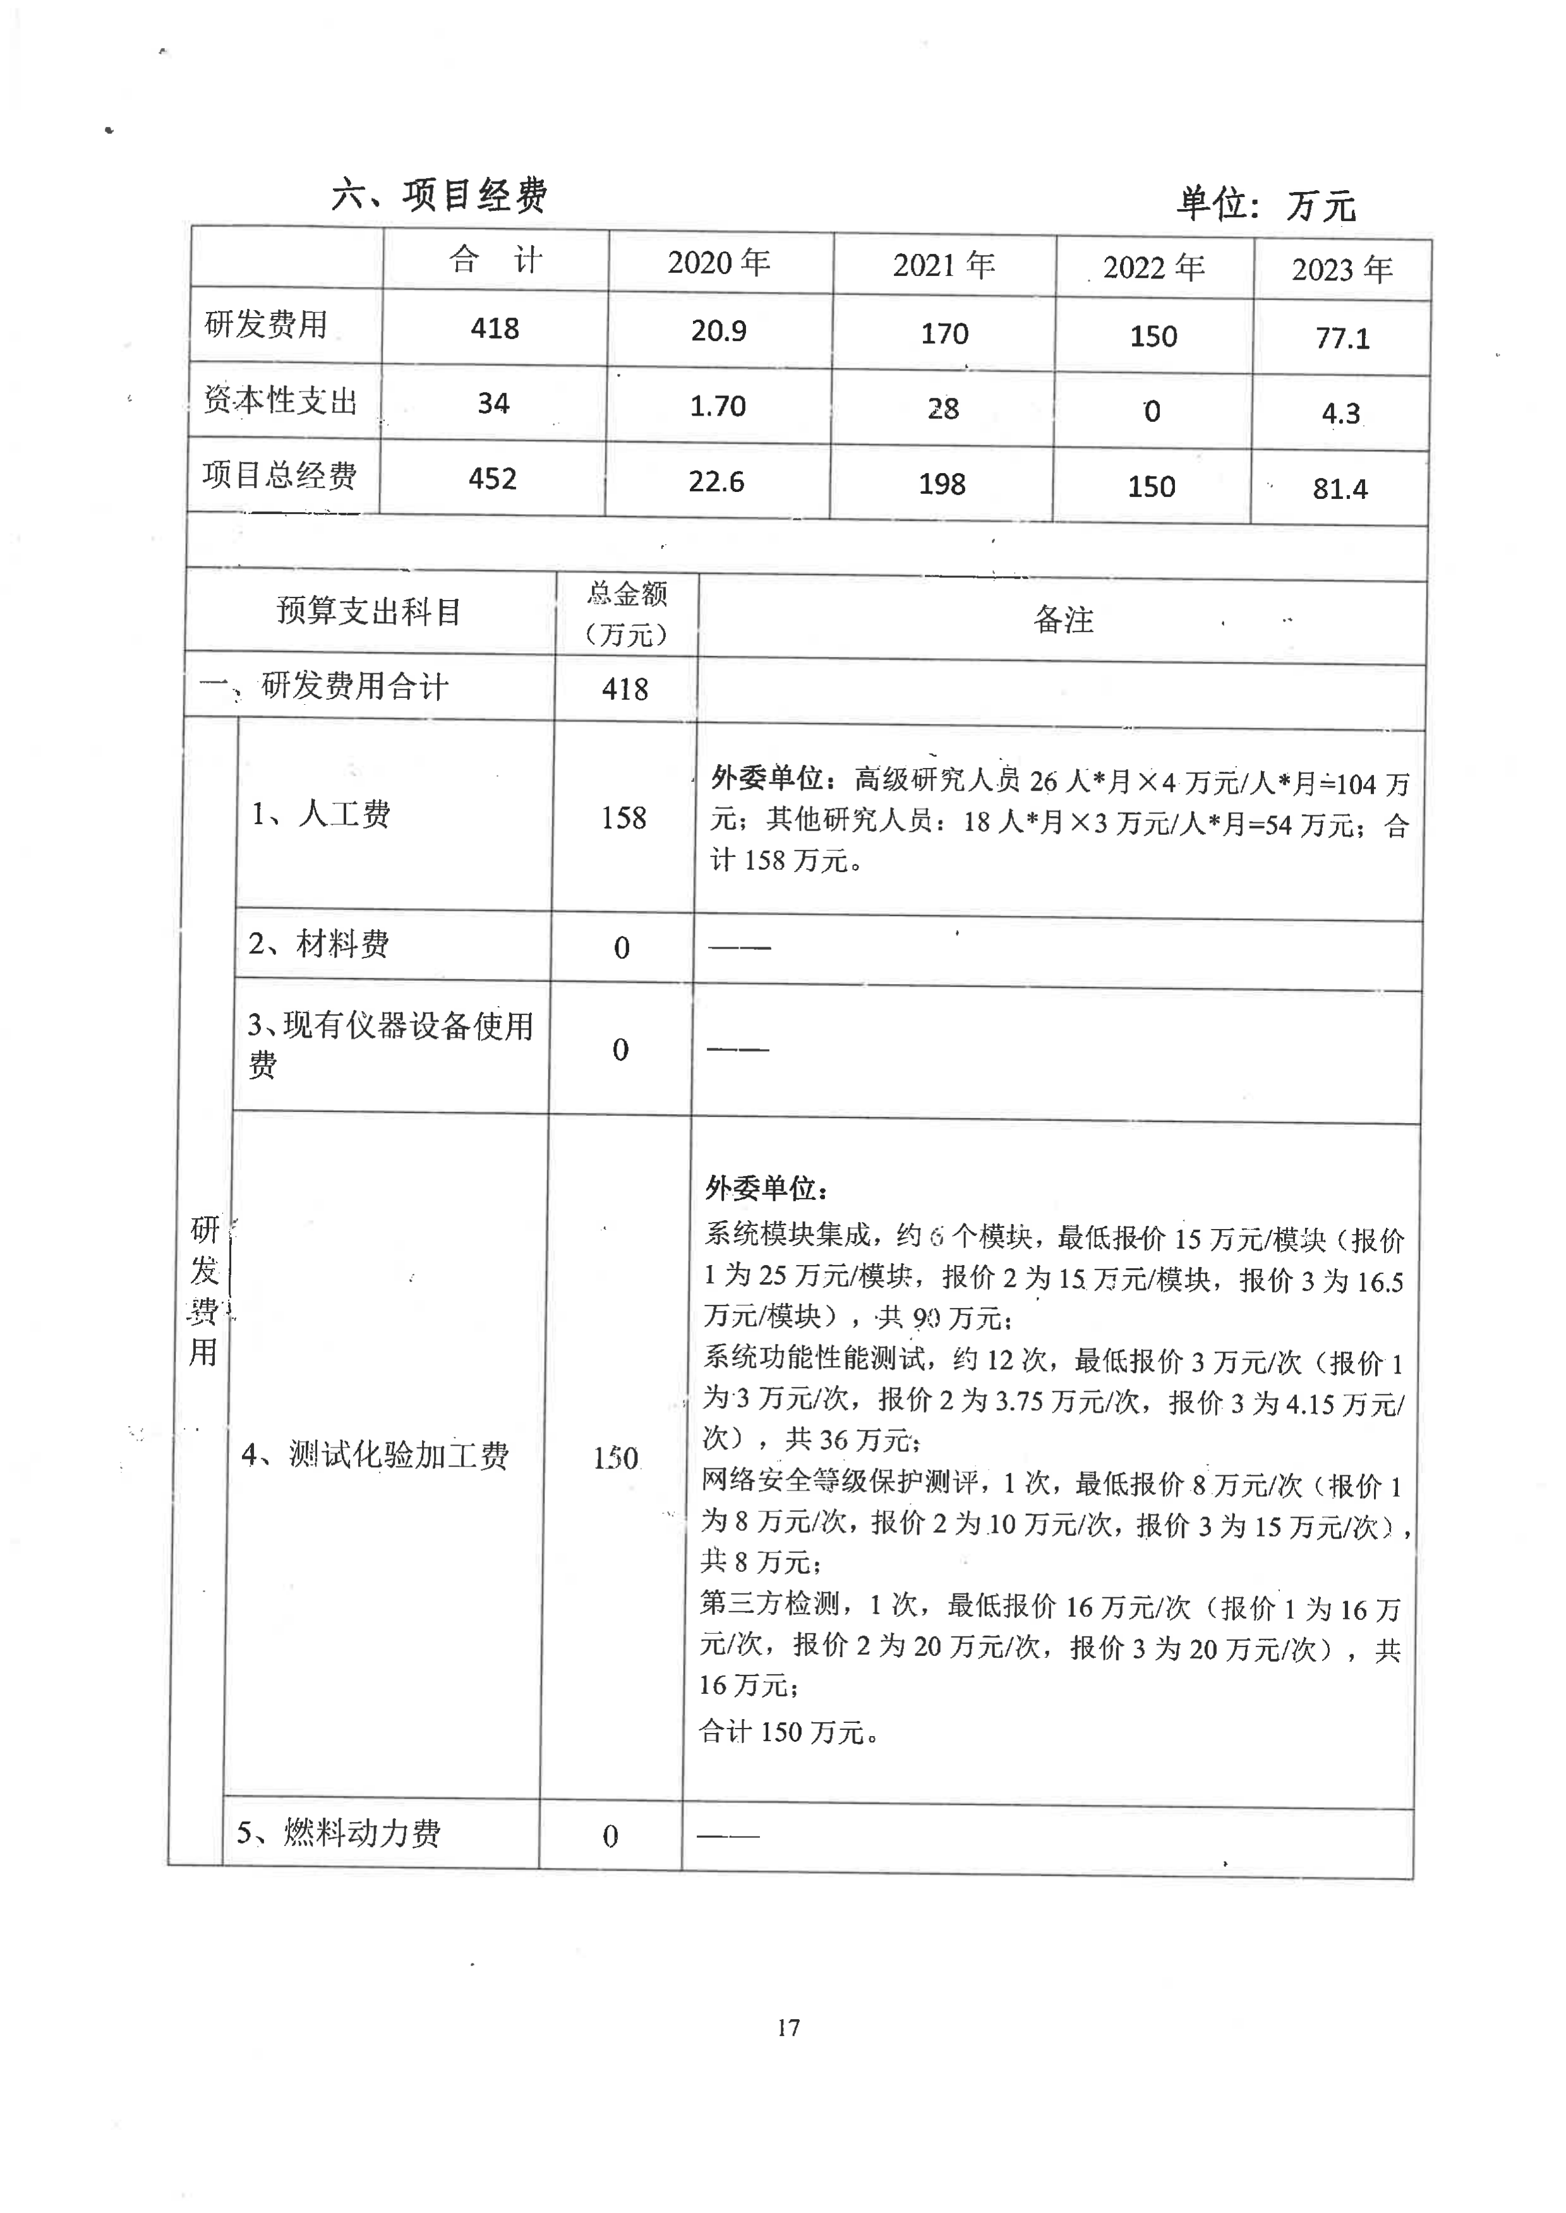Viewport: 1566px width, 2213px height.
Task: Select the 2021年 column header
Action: click(x=943, y=264)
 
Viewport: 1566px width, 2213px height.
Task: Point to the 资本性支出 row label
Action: click(x=280, y=400)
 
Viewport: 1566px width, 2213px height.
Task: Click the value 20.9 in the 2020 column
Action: click(x=718, y=330)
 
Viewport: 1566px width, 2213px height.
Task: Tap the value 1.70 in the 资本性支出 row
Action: click(x=718, y=406)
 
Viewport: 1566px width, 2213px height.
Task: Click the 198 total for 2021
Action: click(x=941, y=484)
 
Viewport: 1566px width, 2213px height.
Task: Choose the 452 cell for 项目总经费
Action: click(x=492, y=478)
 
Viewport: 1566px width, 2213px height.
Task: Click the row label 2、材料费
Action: click(x=318, y=944)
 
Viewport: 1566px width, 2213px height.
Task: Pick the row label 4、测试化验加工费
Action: click(x=374, y=1454)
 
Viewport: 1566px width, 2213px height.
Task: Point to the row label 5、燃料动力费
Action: click(x=339, y=1832)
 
